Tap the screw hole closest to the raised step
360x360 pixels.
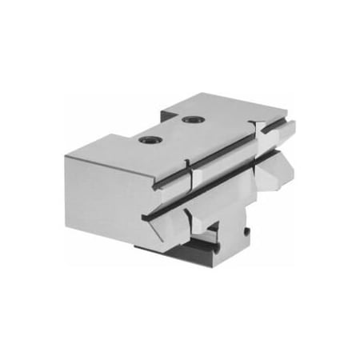click(191, 119)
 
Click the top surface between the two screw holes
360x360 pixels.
click(170, 130)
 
